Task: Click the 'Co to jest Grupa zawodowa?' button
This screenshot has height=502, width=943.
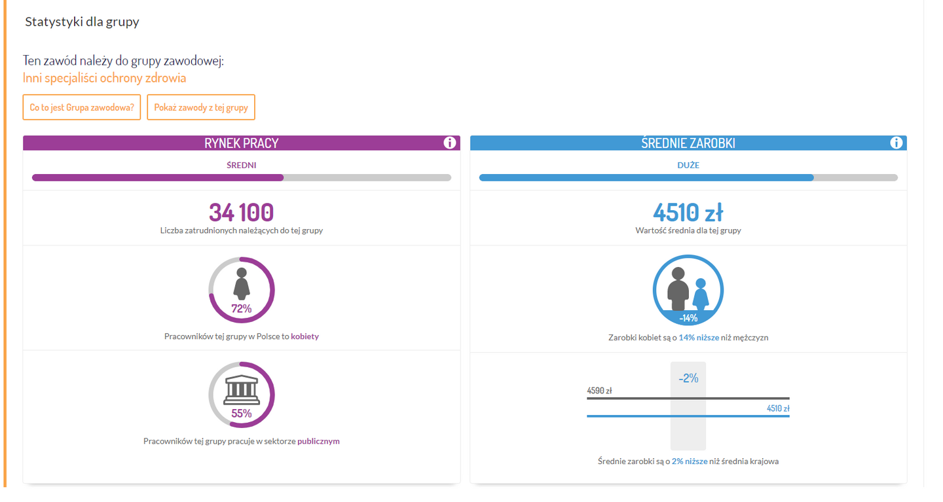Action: [82, 107]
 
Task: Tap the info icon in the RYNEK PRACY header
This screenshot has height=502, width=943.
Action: [449, 143]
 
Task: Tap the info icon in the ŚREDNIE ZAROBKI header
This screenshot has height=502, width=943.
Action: [897, 143]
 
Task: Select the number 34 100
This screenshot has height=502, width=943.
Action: [241, 213]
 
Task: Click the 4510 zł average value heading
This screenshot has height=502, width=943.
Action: [688, 213]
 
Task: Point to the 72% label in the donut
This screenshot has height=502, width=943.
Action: [241, 308]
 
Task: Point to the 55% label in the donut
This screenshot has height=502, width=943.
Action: [241, 413]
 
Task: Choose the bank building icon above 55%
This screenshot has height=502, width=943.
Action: [242, 390]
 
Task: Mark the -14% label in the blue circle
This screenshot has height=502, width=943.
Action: [688, 318]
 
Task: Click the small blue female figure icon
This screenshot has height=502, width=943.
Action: [701, 294]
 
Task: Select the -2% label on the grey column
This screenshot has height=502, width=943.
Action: [688, 378]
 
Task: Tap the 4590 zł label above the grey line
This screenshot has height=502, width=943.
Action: [599, 391]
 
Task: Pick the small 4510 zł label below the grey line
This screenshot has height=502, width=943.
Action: [778, 409]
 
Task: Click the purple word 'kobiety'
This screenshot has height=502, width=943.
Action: [305, 336]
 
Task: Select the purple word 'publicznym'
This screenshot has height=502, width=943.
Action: [318, 441]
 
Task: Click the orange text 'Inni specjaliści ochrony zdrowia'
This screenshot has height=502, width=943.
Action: [105, 79]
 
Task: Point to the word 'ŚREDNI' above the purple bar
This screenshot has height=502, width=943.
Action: [241, 165]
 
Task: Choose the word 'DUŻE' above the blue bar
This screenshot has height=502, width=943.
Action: [688, 165]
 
